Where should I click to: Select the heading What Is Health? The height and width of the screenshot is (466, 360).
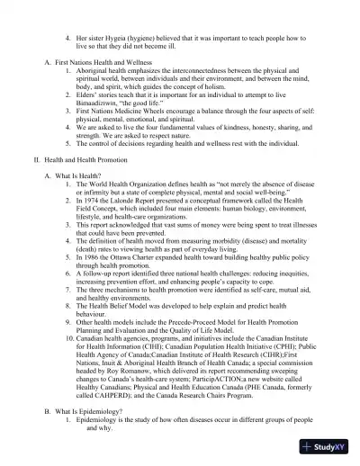point(81,175)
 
